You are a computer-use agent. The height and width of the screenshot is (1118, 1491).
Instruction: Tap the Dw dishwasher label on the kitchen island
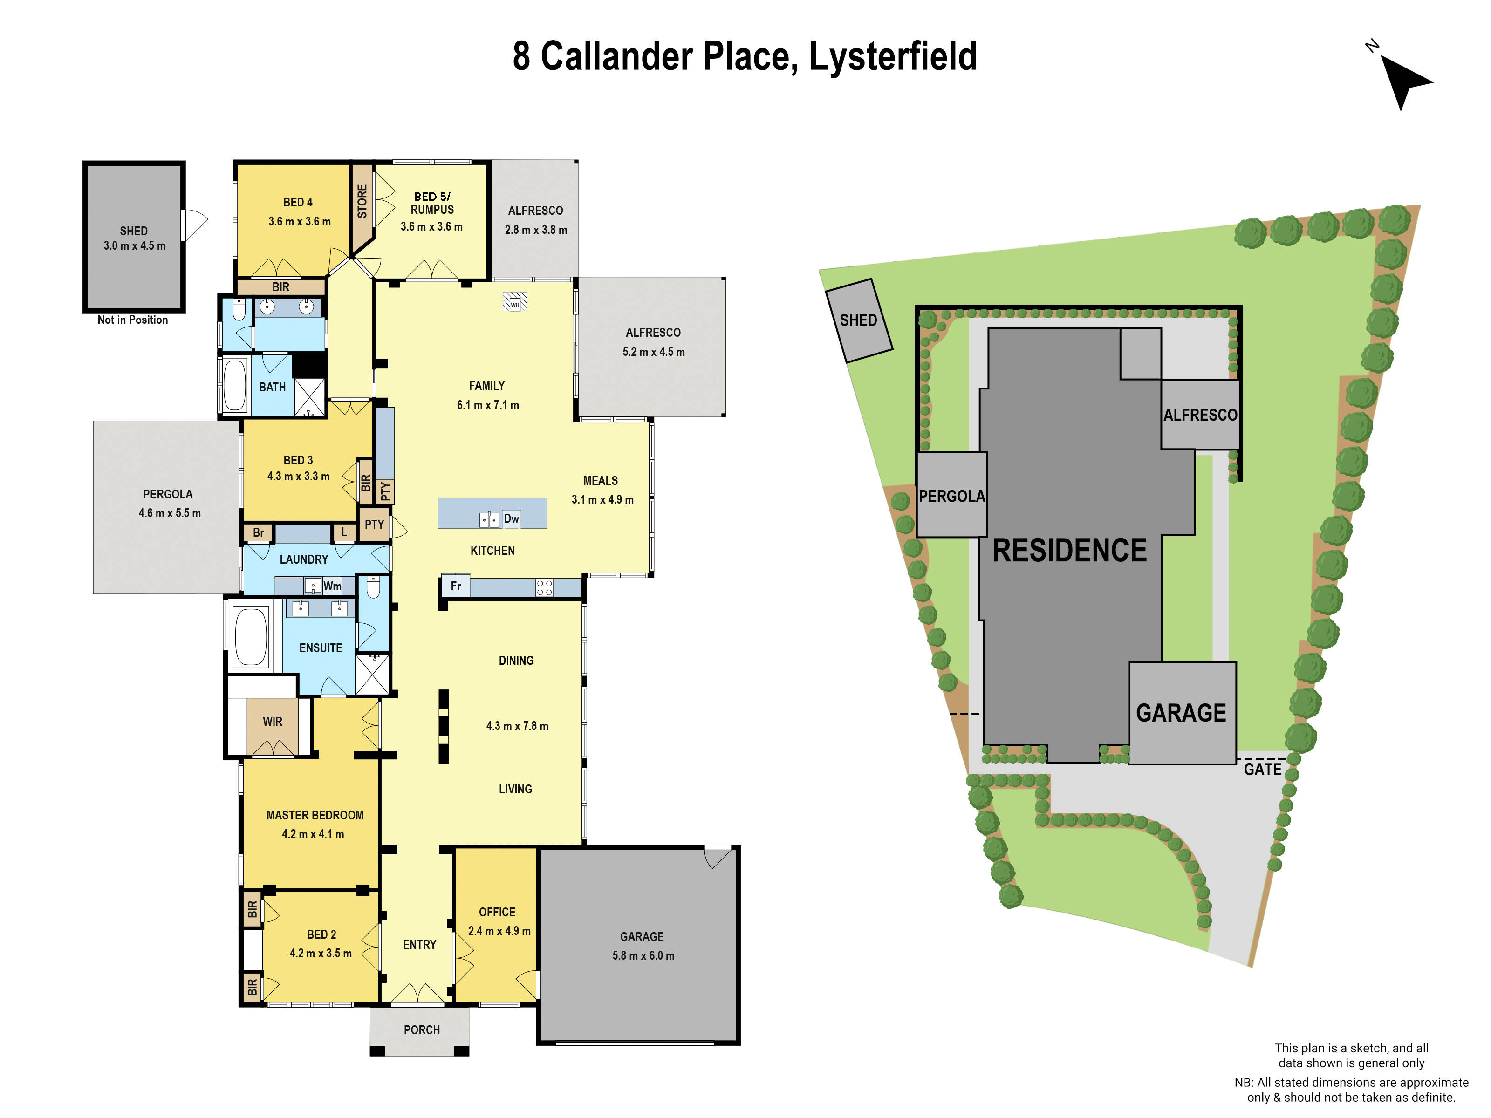[x=512, y=518]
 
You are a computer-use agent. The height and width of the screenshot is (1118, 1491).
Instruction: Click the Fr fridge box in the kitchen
[x=456, y=586]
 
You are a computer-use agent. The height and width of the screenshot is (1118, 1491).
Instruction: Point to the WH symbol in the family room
[x=515, y=302]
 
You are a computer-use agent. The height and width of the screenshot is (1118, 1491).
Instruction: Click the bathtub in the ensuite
[x=250, y=636]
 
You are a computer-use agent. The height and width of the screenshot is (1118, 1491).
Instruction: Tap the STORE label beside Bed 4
[x=362, y=201]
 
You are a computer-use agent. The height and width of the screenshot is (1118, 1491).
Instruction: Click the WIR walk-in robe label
[x=272, y=722]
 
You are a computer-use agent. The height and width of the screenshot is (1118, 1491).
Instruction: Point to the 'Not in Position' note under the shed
[x=133, y=320]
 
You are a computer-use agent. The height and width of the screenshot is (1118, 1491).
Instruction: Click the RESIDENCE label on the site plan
[x=1070, y=551]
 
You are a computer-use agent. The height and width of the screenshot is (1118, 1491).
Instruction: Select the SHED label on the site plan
[x=858, y=320]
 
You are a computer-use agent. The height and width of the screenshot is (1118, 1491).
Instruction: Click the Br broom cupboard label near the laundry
[x=258, y=532]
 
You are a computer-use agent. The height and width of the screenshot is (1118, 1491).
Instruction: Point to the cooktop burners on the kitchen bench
[x=544, y=587]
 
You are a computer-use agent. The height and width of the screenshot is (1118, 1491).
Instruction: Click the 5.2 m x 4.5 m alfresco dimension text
[x=653, y=352]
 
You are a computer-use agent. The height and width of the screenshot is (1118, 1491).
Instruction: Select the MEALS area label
[x=600, y=480]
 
